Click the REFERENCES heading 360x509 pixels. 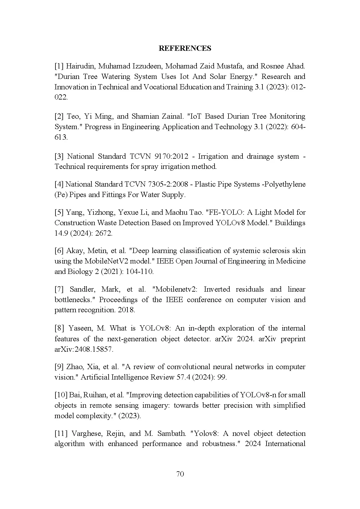pos(185,48)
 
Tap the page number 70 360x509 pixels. pos(180,474)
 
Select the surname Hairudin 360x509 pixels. pos(80,66)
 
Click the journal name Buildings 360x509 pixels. pos(290,223)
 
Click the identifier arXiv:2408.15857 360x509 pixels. pos(84,349)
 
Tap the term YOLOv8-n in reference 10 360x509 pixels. pos(255,395)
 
